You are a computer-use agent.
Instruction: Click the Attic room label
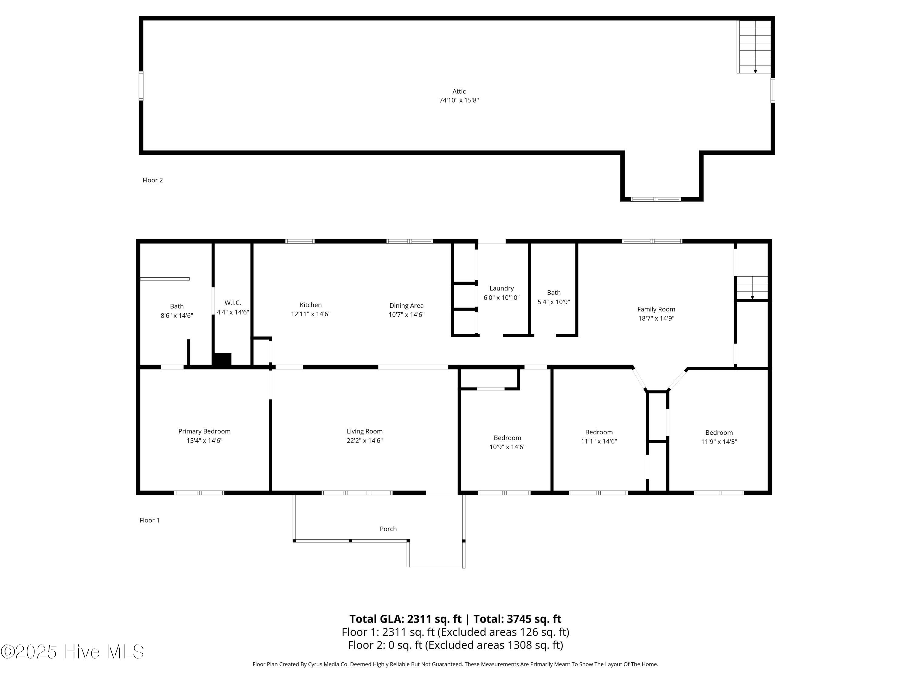pyautogui.click(x=459, y=91)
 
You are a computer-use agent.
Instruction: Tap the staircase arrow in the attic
pyautogui.click(x=755, y=71)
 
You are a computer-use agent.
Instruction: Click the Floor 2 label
pyautogui.click(x=153, y=180)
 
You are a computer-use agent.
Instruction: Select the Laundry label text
pyautogui.click(x=501, y=288)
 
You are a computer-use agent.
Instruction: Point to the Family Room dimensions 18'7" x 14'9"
pyautogui.click(x=656, y=318)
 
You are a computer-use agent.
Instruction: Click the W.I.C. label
pyautogui.click(x=233, y=303)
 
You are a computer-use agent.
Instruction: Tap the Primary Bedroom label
pyautogui.click(x=204, y=431)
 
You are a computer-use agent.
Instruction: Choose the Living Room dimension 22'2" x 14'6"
pyautogui.click(x=364, y=440)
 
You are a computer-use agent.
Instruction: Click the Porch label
pyautogui.click(x=388, y=528)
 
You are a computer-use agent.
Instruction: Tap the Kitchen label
pyautogui.click(x=311, y=305)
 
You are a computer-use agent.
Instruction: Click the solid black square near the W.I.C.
pyautogui.click(x=222, y=359)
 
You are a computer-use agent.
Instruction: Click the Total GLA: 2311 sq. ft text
pyautogui.click(x=405, y=619)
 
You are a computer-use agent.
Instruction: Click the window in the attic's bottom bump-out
pyautogui.click(x=656, y=199)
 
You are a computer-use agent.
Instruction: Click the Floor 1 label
pyautogui.click(x=149, y=520)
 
